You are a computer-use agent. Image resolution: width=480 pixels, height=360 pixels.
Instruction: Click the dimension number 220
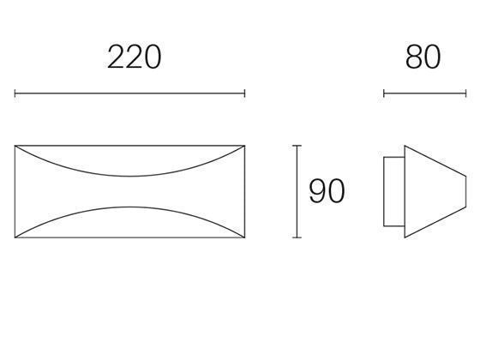134,57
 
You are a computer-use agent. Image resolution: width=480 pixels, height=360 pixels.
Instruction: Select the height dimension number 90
327,191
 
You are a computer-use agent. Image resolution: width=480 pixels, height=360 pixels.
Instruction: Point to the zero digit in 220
152,57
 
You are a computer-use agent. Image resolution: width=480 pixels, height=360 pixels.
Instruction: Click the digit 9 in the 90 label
317,191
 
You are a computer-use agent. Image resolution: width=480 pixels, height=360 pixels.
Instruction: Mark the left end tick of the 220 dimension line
15,93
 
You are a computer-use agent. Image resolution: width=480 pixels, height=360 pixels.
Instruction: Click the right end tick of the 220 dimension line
245,93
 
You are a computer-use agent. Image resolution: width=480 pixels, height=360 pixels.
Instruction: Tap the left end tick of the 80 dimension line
384,93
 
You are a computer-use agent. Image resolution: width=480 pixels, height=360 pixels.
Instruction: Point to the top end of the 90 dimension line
297,147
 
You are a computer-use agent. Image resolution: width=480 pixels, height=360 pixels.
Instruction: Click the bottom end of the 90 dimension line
297,237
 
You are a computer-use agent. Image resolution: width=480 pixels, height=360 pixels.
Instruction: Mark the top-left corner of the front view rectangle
15,147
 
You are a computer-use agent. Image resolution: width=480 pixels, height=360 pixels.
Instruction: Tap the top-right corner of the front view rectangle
245,147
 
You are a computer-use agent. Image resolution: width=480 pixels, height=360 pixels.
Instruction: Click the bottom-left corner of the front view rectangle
15,237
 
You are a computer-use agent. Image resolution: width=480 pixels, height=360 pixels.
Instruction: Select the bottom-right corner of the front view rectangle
245,237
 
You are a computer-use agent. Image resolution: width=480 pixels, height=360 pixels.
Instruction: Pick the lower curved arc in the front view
130,209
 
